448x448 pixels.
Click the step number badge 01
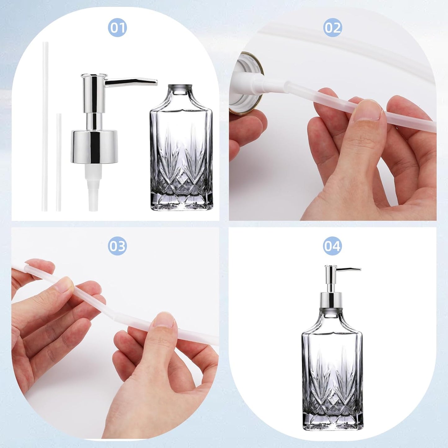(x=117, y=28)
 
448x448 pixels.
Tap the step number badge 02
(x=332, y=28)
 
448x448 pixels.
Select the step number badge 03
(x=117, y=246)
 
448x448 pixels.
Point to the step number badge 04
(x=332, y=246)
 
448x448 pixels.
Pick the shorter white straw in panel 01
(x=59, y=161)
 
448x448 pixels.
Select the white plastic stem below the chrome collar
(x=93, y=186)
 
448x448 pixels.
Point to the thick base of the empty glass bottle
(x=182, y=202)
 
